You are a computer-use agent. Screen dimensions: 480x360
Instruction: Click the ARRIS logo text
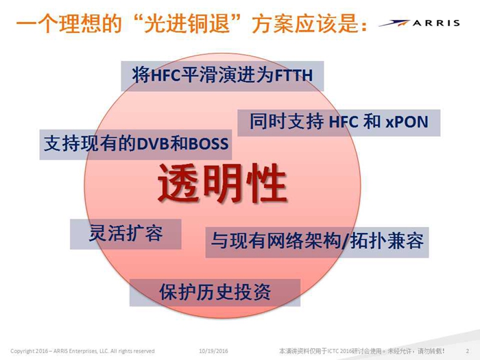point(436,23)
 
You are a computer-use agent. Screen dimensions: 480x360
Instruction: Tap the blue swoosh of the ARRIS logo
point(394,23)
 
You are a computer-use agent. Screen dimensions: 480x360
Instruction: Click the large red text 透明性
point(222,183)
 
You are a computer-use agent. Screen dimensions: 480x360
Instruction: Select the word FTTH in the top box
point(294,75)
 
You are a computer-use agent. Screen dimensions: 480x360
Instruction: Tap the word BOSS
point(208,143)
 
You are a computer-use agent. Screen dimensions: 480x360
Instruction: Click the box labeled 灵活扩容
point(125,234)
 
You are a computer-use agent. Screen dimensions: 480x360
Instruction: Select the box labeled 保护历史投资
point(215,292)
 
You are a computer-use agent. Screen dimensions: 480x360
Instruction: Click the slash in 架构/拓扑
point(345,241)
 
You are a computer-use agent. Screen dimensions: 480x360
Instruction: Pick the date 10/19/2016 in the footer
point(213,351)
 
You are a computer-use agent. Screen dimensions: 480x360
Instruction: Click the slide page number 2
point(468,351)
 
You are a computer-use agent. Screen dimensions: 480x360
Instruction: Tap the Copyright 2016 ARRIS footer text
point(82,351)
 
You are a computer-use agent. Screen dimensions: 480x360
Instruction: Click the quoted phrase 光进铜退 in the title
point(187,23)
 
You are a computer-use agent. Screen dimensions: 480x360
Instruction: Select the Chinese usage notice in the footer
point(361,351)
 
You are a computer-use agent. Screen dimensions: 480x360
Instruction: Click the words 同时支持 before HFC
point(287,121)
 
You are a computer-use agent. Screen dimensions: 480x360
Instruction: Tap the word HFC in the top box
point(165,75)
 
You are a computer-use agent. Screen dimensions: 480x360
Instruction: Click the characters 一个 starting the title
point(36,23)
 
